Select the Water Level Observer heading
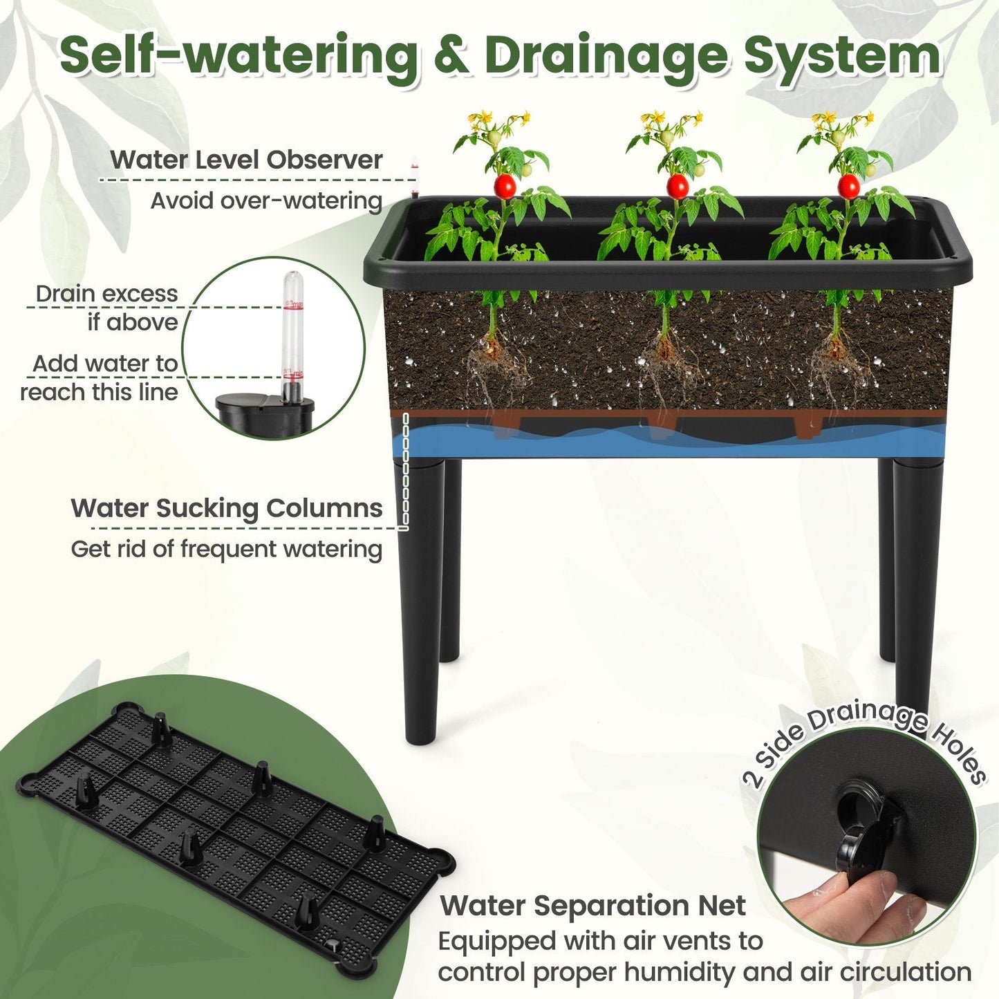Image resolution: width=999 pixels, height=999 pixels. tap(246, 160)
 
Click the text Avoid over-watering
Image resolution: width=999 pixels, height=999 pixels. tap(266, 200)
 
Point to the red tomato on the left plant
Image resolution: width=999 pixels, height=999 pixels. tap(506, 185)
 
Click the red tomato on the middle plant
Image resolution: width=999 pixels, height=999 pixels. tap(677, 185)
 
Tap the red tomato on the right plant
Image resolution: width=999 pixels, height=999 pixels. tap(848, 185)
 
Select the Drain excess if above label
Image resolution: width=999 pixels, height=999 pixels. tap(107, 308)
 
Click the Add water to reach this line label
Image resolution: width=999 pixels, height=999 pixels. tap(100, 377)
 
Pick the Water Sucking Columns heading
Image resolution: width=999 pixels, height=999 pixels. tap(226, 508)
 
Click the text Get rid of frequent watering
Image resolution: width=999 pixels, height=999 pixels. tap(226, 549)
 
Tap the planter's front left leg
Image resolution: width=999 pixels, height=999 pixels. tap(420, 601)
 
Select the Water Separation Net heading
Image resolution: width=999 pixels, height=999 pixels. tap(592, 905)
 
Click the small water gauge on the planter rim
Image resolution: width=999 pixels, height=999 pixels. tap(415, 176)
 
